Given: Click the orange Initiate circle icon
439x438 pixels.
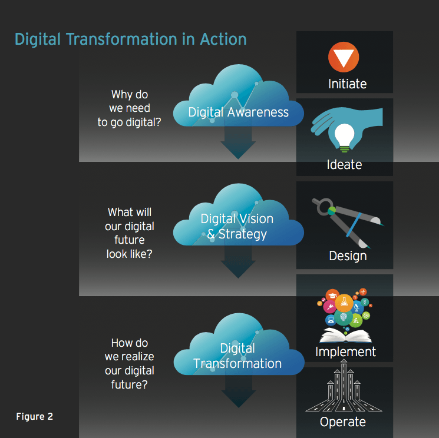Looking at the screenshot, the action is [344, 57].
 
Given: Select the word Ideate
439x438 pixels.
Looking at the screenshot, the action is [344, 164].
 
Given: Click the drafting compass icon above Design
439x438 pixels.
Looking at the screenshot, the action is [348, 223].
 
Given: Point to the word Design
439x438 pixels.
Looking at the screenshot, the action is [348, 255].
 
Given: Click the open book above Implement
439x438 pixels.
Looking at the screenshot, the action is [345, 335].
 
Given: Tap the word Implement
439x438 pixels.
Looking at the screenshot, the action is [345, 352].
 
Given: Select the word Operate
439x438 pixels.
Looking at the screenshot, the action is [343, 422].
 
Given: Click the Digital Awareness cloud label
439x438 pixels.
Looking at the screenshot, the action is [238, 112].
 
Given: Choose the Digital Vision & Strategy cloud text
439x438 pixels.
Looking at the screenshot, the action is [237, 227].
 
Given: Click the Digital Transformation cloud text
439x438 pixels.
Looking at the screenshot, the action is [237, 356].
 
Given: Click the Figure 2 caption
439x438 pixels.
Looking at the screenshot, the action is [34, 416].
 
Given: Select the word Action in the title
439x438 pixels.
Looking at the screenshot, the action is [223, 39].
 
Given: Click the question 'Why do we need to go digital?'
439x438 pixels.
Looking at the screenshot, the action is [130, 108].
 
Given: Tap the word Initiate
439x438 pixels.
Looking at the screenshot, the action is [348, 84].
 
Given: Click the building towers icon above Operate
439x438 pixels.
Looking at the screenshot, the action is [344, 386].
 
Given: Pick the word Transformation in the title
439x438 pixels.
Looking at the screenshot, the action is [122, 39].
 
